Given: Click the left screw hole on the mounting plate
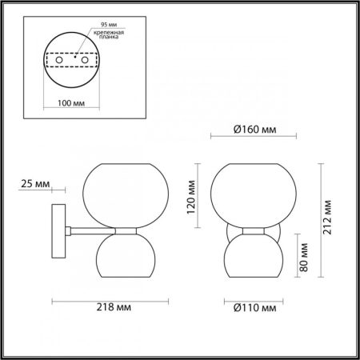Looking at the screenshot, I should click(58, 60).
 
